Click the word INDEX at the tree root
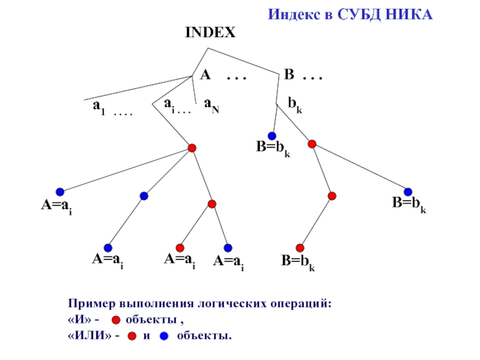(x=210, y=33)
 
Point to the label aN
(x=211, y=104)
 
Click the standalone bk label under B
(x=295, y=104)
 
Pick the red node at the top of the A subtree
(x=192, y=148)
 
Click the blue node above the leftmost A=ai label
(x=60, y=192)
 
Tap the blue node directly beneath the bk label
(x=272, y=136)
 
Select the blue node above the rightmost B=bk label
(x=408, y=192)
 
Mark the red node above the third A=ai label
(x=180, y=248)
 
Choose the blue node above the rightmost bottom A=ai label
(x=228, y=248)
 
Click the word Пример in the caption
(x=90, y=304)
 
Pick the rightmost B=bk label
(x=409, y=205)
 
